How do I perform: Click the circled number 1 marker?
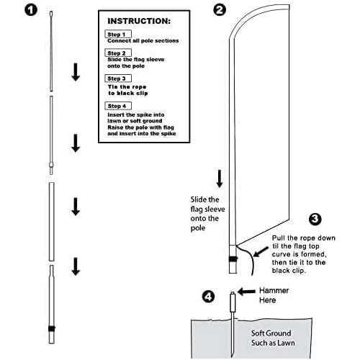click(31, 10)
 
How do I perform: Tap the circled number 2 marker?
click(220, 10)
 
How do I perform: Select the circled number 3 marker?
click(315, 219)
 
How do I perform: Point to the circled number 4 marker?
click(208, 297)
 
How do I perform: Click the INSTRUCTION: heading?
click(139, 21)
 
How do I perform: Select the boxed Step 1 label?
click(118, 34)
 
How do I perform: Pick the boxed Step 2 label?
click(118, 53)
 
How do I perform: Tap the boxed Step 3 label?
click(118, 78)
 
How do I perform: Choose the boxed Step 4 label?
click(118, 106)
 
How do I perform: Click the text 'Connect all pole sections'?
click(143, 41)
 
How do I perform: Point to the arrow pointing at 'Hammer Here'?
click(246, 292)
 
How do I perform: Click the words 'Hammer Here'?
click(274, 295)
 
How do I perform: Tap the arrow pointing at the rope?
click(261, 252)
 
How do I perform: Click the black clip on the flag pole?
click(233, 258)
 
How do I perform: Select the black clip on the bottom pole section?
click(52, 328)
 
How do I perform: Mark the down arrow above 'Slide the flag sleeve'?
click(220, 179)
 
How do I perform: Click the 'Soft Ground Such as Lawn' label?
click(273, 338)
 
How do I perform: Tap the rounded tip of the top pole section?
click(51, 13)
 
